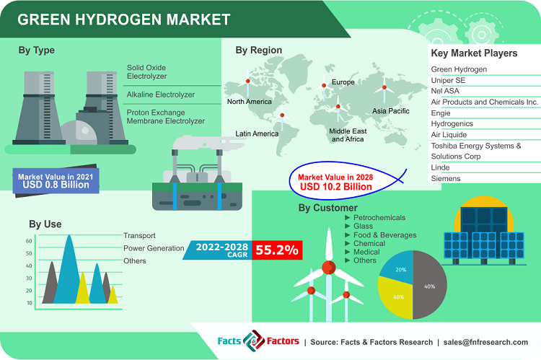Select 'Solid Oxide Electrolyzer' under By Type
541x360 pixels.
click(x=147, y=71)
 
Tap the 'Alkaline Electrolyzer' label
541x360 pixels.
click(x=161, y=95)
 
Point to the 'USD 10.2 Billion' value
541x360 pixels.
click(x=336, y=187)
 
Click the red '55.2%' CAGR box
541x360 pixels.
click(x=277, y=250)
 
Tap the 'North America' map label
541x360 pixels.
click(x=250, y=102)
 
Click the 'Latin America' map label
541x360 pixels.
click(x=257, y=133)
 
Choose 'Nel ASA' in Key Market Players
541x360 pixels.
click(x=448, y=91)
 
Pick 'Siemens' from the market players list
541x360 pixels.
click(x=447, y=178)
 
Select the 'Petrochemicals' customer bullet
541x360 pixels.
click(x=379, y=218)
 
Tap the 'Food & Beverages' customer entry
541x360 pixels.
click(x=384, y=235)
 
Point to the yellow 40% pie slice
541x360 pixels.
click(x=397, y=297)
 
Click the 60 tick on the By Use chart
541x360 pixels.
click(x=29, y=241)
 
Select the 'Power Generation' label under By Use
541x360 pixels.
click(x=154, y=248)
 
